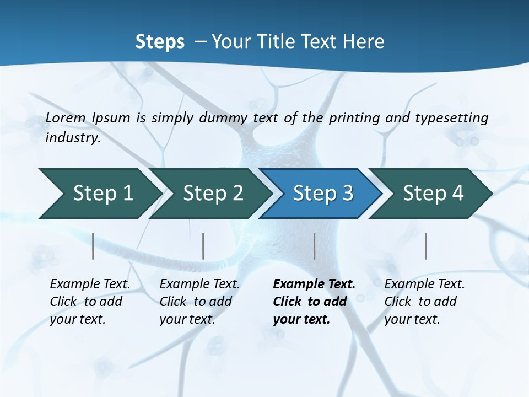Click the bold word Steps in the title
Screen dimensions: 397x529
[160, 42]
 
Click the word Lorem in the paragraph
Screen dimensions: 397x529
[66, 117]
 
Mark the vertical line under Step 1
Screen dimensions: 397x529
[93, 246]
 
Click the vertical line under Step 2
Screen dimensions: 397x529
[203, 246]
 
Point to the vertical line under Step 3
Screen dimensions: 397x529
[314, 246]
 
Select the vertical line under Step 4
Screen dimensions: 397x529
[425, 246]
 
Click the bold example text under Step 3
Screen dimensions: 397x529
[314, 302]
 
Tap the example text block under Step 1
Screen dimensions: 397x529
[90, 302]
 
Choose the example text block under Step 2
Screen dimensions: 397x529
[199, 302]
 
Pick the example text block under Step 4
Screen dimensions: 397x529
[424, 302]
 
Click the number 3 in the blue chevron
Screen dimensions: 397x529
[347, 194]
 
